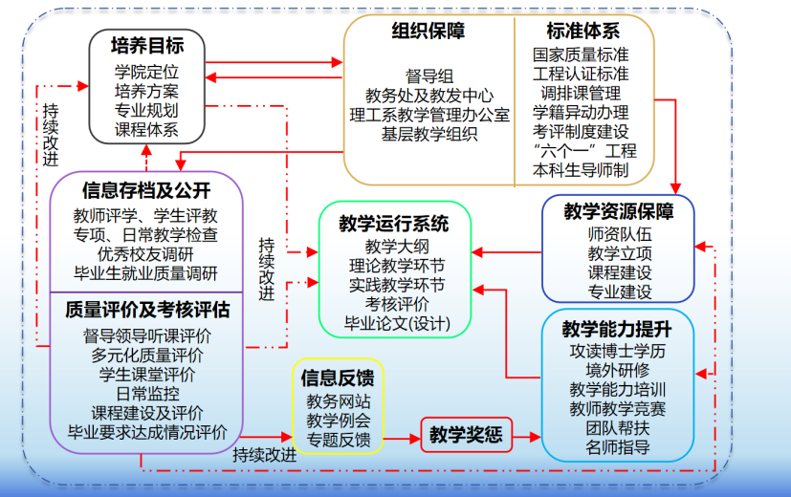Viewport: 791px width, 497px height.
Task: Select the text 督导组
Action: click(429, 76)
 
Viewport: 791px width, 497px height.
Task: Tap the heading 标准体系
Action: click(582, 32)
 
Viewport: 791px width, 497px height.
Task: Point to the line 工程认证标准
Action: click(582, 74)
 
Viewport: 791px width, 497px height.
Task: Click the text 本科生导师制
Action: click(582, 170)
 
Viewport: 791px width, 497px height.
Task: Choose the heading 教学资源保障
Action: click(619, 211)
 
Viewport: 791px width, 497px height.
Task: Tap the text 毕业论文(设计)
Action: click(396, 323)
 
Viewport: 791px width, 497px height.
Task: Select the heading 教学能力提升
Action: click(617, 330)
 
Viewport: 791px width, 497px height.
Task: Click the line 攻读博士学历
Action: click(617, 351)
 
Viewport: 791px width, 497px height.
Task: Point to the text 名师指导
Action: click(617, 446)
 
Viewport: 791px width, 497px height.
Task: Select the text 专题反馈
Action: click(338, 440)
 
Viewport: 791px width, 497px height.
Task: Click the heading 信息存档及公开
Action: click(146, 189)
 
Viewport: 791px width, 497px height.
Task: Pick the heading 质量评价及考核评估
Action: click(146, 310)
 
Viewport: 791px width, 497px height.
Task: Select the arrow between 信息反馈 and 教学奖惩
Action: click(402, 436)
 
